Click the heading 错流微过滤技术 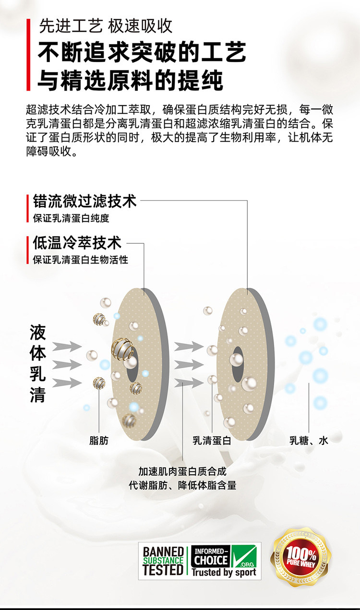click(x=84, y=201)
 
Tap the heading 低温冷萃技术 click(x=77, y=243)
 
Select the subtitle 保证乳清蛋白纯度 click(x=71, y=218)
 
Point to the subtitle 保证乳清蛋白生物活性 click(x=80, y=260)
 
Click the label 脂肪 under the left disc click(x=99, y=440)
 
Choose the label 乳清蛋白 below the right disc click(x=211, y=440)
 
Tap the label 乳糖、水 click(x=308, y=440)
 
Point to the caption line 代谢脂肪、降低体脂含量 click(x=182, y=485)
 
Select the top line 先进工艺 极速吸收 click(x=106, y=26)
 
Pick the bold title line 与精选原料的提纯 click(x=131, y=80)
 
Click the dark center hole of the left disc click(x=133, y=360)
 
